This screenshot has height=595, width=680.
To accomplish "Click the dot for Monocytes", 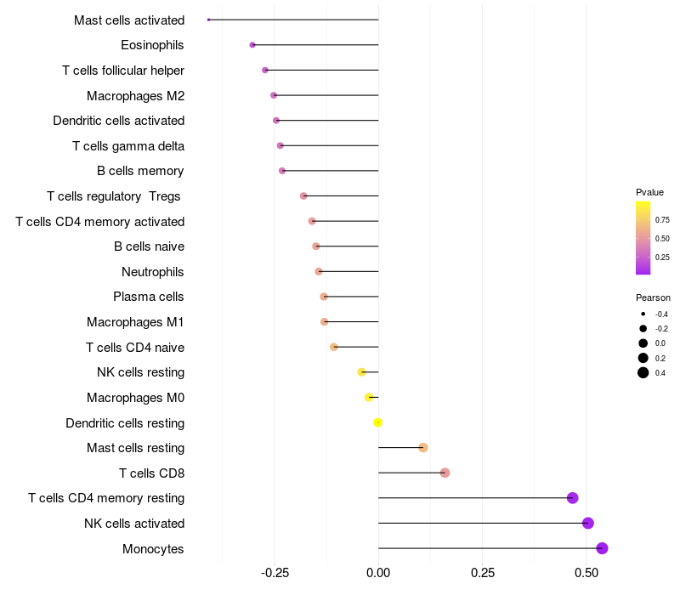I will pyautogui.click(x=603, y=548).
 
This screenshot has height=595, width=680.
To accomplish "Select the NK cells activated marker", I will pyautogui.click(x=588, y=524).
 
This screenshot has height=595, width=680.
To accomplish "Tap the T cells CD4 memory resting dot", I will pyautogui.click(x=572, y=498).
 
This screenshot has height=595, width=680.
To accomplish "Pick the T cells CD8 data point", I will pyautogui.click(x=445, y=473).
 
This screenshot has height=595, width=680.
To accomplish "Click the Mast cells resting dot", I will pyautogui.click(x=423, y=448).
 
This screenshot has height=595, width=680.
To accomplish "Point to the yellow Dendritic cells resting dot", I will pyautogui.click(x=378, y=422).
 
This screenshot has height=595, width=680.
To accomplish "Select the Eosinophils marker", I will pyautogui.click(x=252, y=45).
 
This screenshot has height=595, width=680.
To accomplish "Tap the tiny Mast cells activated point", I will pyautogui.click(x=208, y=20).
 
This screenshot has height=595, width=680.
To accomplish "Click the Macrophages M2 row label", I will pyautogui.click(x=135, y=96).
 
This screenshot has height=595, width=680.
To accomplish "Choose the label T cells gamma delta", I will pyautogui.click(x=128, y=146).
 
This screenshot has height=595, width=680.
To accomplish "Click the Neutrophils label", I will pyautogui.click(x=153, y=272).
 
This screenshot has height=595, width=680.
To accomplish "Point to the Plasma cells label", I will pyautogui.click(x=149, y=297).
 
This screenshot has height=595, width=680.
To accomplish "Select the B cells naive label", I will pyautogui.click(x=149, y=246).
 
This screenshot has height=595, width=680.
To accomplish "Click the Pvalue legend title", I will pyautogui.click(x=649, y=192).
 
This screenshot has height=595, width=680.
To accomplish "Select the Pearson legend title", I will pyautogui.click(x=653, y=297).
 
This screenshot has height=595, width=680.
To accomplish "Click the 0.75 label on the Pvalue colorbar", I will pyautogui.click(x=662, y=219).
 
